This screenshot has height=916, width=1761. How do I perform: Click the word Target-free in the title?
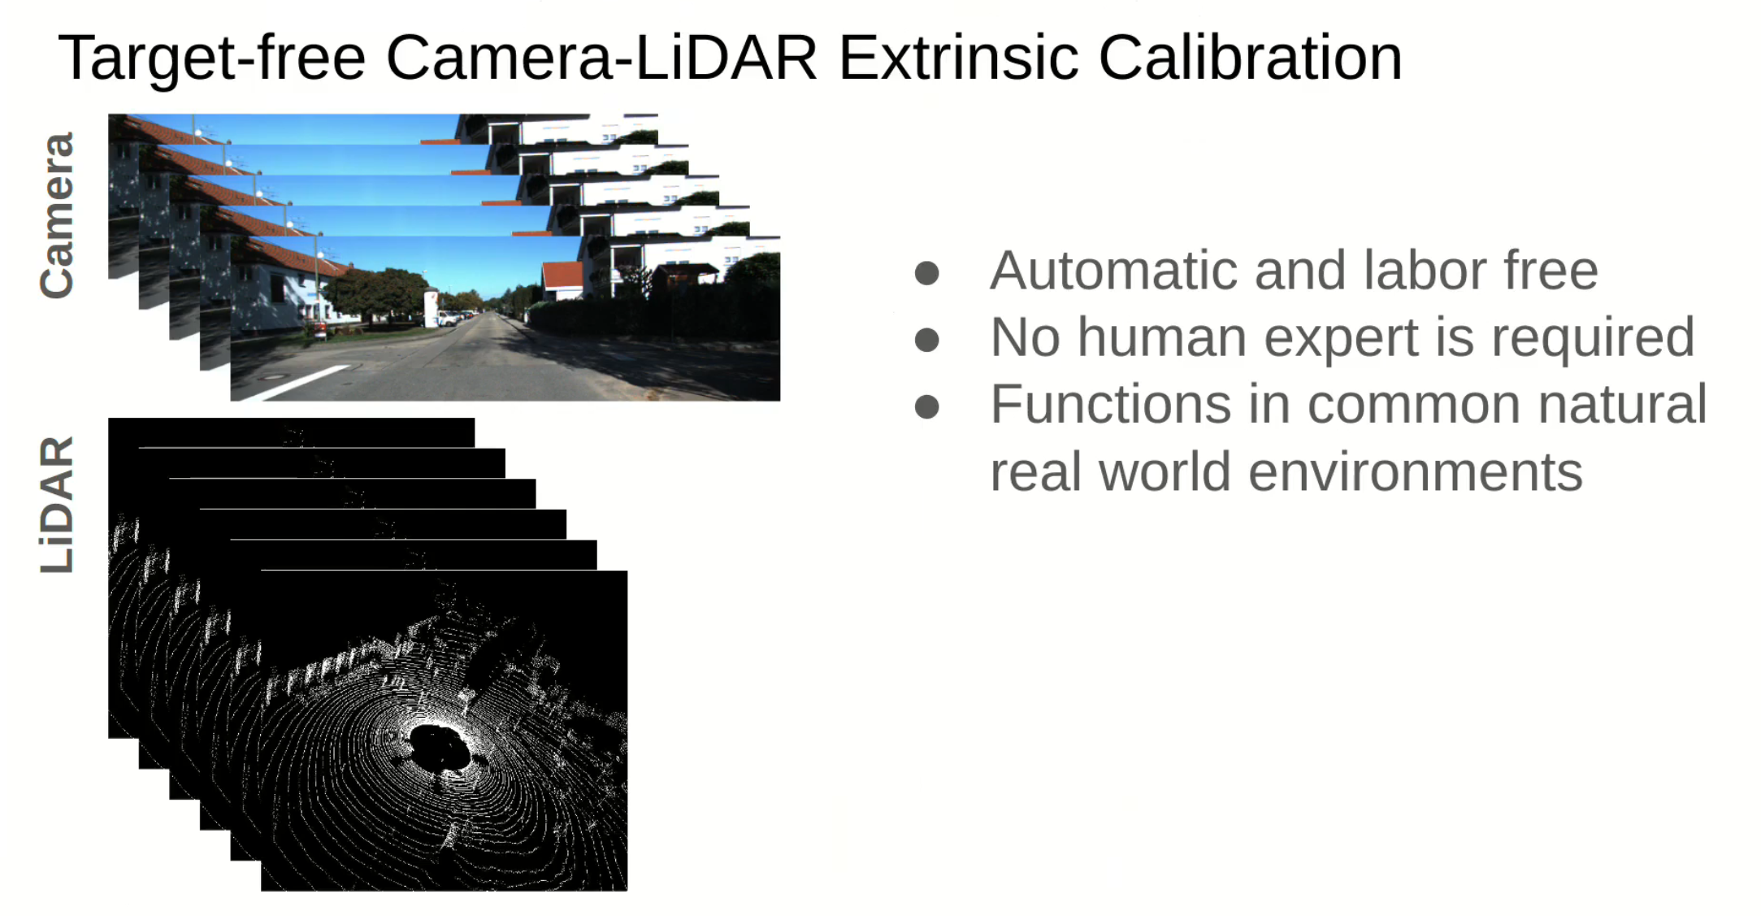(212, 59)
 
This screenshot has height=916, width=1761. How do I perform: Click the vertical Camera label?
(57, 215)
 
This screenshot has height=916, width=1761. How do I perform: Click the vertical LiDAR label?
(57, 505)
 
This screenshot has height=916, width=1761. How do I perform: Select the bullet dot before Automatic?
(926, 273)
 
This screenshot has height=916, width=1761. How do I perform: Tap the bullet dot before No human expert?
(926, 339)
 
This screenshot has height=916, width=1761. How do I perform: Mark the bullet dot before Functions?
(926, 406)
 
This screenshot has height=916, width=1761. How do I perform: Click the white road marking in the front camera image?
(301, 382)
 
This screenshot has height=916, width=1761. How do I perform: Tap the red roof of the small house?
(562, 274)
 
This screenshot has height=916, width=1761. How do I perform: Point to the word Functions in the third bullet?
(1111, 404)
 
